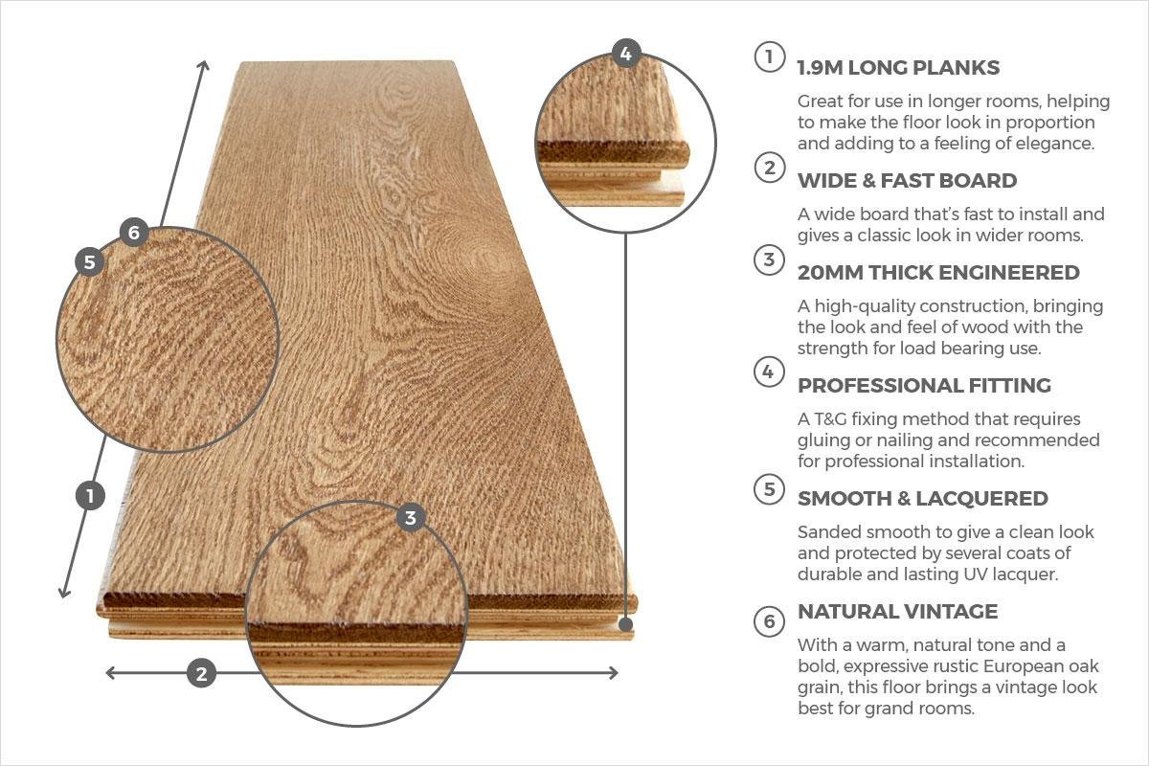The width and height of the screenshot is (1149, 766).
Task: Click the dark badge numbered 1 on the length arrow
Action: [90, 496]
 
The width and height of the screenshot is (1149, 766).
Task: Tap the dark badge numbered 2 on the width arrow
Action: [201, 673]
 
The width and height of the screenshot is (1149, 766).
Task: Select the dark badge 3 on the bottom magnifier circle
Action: [411, 518]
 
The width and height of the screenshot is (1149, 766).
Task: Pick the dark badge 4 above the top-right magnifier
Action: [625, 55]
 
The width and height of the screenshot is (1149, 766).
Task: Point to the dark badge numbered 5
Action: [90, 261]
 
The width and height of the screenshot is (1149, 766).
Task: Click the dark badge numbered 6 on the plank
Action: [133, 233]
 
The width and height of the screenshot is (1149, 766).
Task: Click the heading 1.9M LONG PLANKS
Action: [898, 68]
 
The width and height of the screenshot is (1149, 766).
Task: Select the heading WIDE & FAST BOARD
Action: [907, 181]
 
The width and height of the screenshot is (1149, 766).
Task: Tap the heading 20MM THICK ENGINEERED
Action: [937, 273]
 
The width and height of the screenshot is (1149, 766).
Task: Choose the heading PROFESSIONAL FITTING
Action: [924, 386]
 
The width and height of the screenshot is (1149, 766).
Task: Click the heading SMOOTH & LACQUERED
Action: [922, 499]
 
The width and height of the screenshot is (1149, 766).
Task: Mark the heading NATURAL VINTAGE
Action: [897, 612]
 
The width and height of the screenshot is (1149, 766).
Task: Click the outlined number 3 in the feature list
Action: [768, 259]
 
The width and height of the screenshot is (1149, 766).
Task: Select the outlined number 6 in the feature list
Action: [768, 621]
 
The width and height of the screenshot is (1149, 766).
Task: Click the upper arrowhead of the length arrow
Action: [203, 64]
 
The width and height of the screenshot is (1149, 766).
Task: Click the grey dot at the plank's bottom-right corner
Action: [625, 624]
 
